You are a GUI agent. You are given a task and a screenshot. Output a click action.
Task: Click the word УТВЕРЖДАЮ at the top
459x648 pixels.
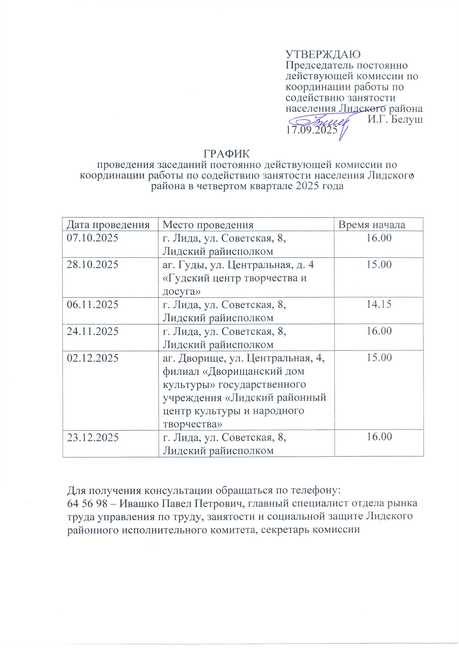click(x=323, y=54)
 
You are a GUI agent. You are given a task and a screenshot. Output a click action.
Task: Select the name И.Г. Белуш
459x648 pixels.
click(x=395, y=120)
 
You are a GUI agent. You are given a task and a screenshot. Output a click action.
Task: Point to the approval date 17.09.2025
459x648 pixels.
click(x=311, y=130)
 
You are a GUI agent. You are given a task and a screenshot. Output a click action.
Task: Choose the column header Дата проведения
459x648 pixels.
click(x=108, y=225)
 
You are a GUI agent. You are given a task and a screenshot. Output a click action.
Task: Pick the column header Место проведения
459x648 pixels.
click(x=208, y=225)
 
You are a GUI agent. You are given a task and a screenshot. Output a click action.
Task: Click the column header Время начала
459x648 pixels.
click(x=371, y=225)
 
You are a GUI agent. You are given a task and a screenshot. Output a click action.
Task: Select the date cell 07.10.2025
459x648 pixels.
click(x=92, y=238)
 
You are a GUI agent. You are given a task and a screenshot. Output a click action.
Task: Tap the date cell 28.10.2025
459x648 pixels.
click(x=92, y=265)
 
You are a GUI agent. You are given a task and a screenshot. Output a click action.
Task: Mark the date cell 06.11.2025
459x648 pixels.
click(x=92, y=304)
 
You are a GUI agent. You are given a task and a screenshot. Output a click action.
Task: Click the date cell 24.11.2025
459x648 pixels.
click(x=92, y=331)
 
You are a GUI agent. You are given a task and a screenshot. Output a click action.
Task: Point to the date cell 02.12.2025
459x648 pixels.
click(x=92, y=358)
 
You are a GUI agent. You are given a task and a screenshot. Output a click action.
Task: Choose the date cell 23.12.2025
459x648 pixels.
click(x=92, y=437)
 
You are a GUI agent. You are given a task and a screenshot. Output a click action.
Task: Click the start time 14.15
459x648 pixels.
click(x=379, y=304)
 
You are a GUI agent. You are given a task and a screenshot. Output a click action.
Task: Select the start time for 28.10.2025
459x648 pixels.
click(x=379, y=265)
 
